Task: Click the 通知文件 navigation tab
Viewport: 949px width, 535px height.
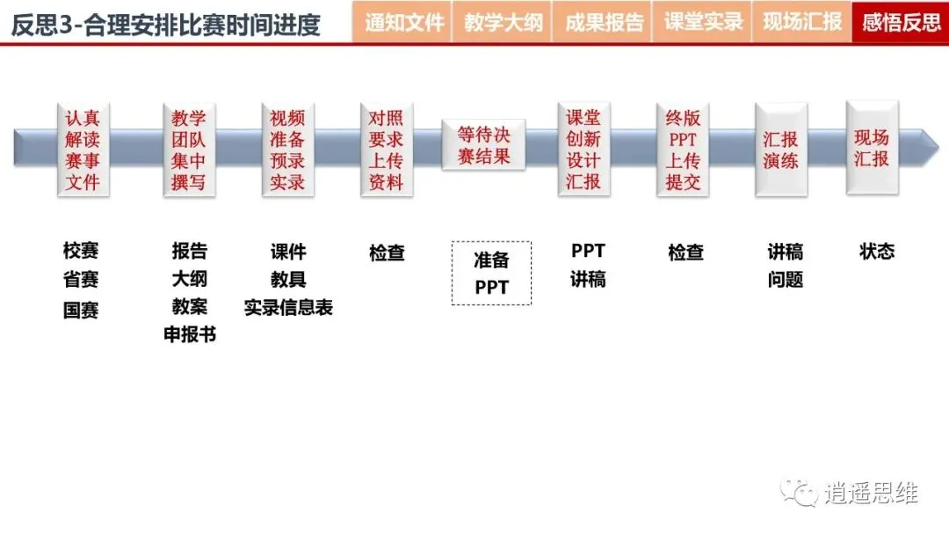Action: tap(403, 22)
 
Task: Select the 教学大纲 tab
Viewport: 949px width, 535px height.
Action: tap(503, 22)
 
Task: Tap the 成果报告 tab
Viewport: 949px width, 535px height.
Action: tap(603, 22)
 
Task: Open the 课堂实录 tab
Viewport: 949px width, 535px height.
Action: tap(703, 22)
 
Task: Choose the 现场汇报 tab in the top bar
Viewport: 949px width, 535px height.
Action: tap(802, 22)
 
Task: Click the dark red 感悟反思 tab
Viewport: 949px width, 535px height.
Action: tap(901, 22)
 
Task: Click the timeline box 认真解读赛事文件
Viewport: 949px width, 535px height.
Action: tap(83, 150)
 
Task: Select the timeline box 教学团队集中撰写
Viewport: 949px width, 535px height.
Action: tap(189, 150)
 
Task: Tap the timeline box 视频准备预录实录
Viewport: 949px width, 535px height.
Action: tap(287, 150)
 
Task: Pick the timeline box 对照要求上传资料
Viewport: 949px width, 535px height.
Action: tap(386, 150)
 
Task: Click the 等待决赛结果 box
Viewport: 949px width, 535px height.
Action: tap(483, 145)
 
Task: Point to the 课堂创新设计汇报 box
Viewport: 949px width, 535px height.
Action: tap(583, 150)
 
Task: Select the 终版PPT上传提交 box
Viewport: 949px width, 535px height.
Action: tap(683, 150)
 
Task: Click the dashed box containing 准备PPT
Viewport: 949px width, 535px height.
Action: tap(491, 273)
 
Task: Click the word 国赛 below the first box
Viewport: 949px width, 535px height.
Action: tap(81, 310)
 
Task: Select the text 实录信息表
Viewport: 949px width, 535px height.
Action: tap(288, 307)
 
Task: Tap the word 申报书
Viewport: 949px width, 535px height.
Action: tap(190, 334)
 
